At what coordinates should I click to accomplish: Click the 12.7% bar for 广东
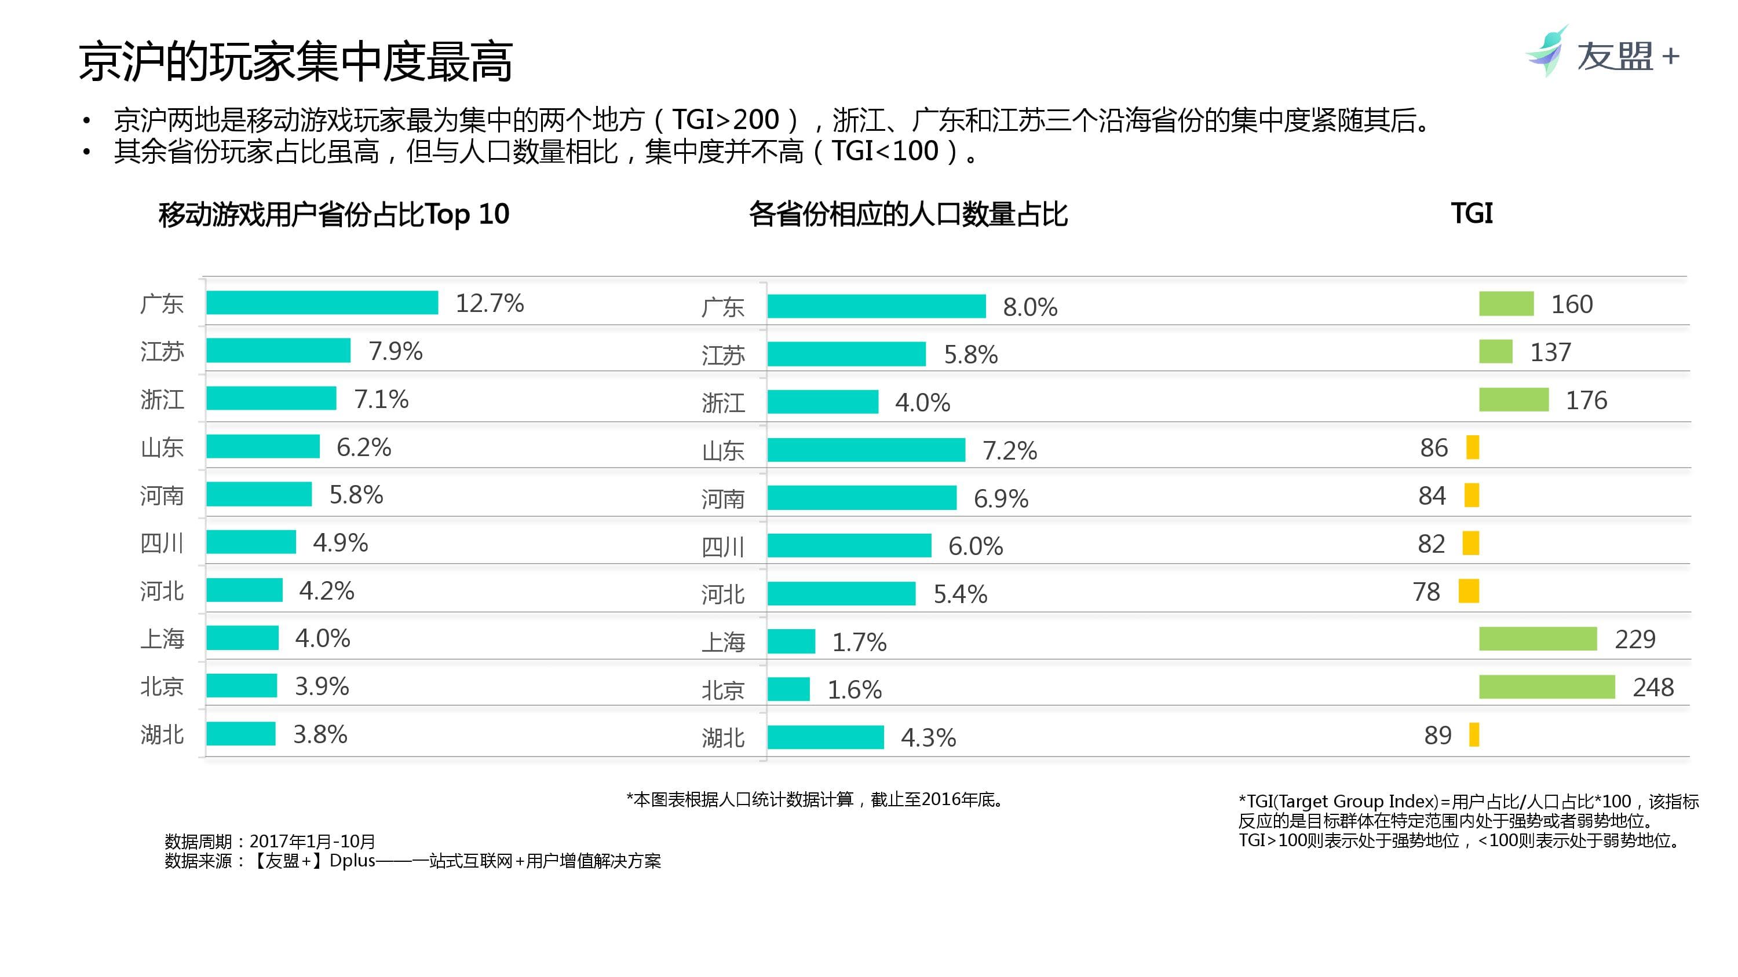pyautogui.click(x=322, y=303)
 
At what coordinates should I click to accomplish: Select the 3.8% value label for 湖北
pyautogui.click(x=320, y=734)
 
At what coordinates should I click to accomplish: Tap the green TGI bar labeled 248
pyautogui.click(x=1546, y=687)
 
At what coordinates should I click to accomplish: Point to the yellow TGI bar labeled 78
pyautogui.click(x=1468, y=592)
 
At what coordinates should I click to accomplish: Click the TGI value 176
pyautogui.click(x=1586, y=401)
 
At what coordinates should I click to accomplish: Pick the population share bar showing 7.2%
pyautogui.click(x=866, y=450)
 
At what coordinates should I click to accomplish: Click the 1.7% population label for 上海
pyautogui.click(x=859, y=642)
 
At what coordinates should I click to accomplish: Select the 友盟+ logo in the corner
pyautogui.click(x=1602, y=54)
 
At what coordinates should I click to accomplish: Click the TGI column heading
pyautogui.click(x=1472, y=214)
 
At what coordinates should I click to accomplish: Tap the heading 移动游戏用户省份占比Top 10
pyautogui.click(x=333, y=214)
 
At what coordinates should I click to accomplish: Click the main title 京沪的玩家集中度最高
pyautogui.click(x=295, y=62)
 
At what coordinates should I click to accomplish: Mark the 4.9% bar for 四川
pyautogui.click(x=251, y=542)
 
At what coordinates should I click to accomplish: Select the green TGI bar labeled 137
pyautogui.click(x=1495, y=352)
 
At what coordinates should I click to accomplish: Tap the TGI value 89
pyautogui.click(x=1437, y=735)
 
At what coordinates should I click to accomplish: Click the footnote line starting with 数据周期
pyautogui.click(x=270, y=841)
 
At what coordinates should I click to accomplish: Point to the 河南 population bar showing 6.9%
pyautogui.click(x=861, y=498)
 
